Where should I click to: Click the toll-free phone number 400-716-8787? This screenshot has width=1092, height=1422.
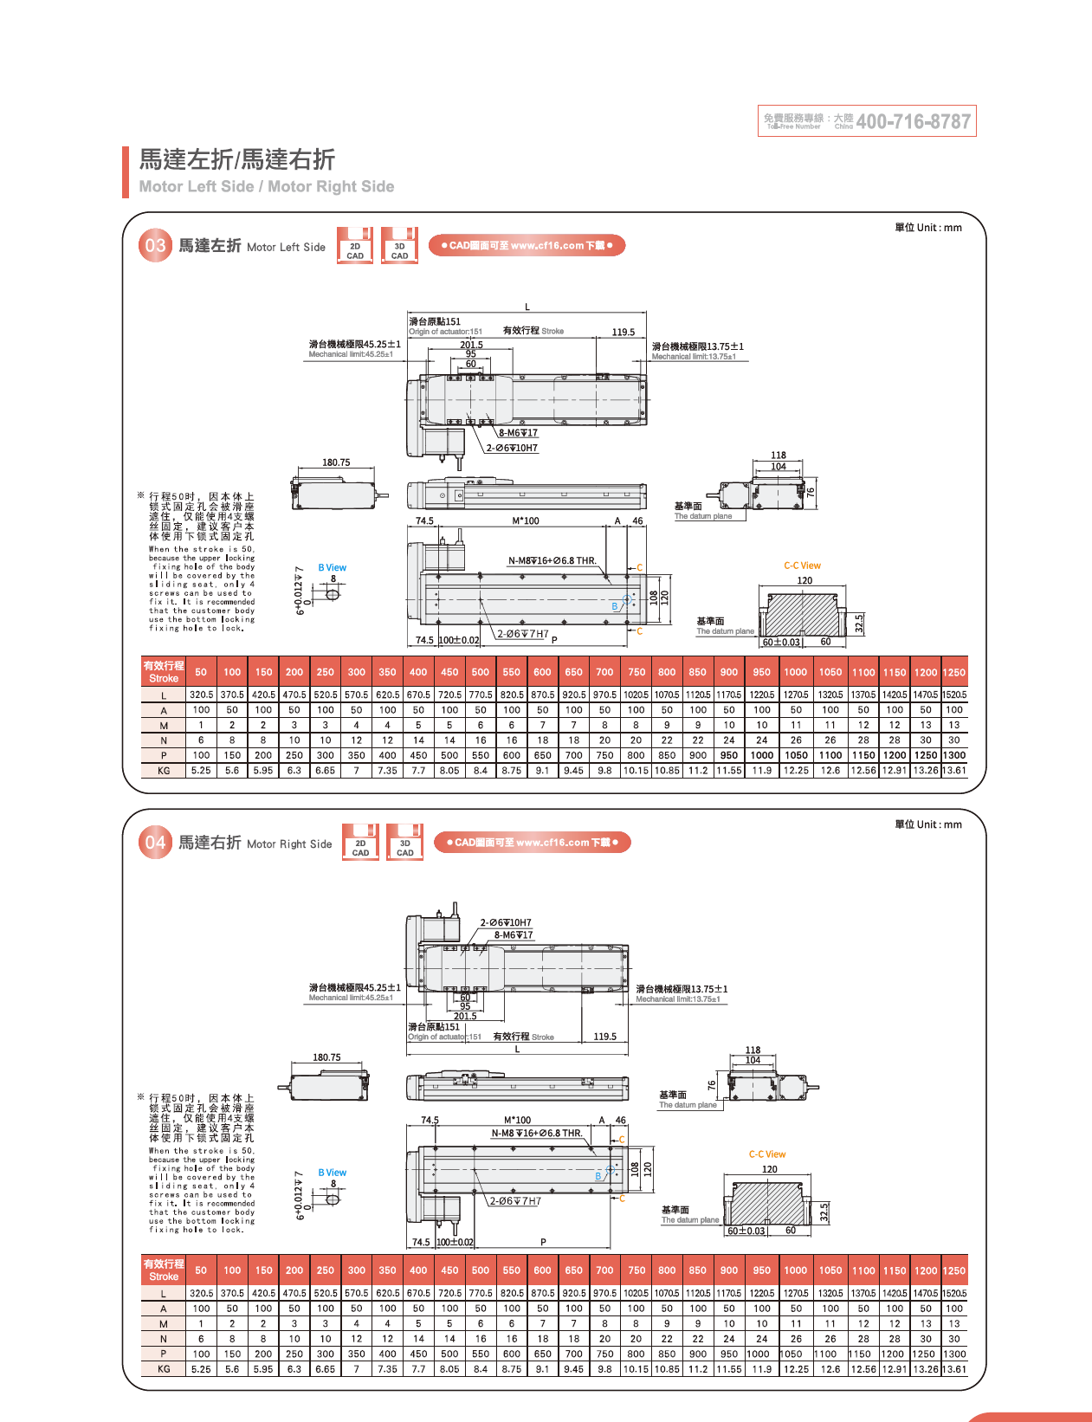[913, 121]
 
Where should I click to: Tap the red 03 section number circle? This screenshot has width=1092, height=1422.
[155, 245]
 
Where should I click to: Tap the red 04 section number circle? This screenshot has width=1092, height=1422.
[155, 843]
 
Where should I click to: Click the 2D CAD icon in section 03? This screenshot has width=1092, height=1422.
[355, 246]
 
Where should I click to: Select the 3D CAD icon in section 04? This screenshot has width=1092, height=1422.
[404, 843]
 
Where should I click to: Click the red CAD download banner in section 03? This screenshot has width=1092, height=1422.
[527, 245]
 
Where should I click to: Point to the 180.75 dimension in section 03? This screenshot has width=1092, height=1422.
[336, 462]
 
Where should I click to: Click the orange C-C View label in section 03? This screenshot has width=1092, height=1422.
[802, 566]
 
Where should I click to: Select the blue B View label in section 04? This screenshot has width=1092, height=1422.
[332, 1173]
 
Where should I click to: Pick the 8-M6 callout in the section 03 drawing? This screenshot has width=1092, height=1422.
[518, 433]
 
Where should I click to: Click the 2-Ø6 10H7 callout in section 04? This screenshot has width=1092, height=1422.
[506, 922]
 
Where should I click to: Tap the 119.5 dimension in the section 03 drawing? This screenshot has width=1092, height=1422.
[624, 332]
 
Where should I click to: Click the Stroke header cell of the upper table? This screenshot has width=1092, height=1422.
[164, 672]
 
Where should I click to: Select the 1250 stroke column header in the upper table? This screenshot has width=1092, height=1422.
[954, 672]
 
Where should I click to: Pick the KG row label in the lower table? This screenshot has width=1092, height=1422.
[164, 1369]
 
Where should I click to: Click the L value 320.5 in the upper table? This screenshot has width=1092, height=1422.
[201, 695]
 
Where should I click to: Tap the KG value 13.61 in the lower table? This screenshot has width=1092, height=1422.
[954, 1369]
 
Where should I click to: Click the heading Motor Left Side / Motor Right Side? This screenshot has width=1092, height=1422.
[267, 186]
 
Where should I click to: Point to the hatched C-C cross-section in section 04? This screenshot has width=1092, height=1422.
[769, 1202]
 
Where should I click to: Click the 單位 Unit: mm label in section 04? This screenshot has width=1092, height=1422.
[928, 824]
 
